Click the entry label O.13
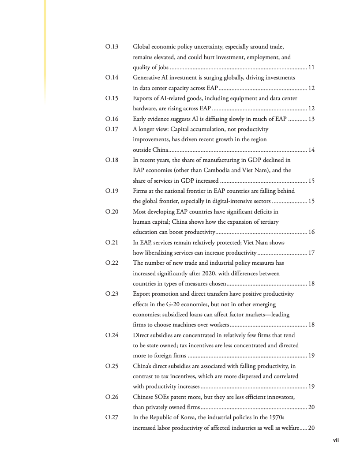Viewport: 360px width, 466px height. (x=112, y=46)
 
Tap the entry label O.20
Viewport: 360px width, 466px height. (x=112, y=211)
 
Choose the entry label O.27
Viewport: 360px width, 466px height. (x=112, y=417)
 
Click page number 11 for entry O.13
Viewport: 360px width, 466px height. (x=311, y=68)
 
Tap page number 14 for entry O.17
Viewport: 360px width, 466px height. (x=311, y=150)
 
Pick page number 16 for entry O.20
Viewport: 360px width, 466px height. (x=311, y=232)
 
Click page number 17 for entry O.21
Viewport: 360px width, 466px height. (x=311, y=253)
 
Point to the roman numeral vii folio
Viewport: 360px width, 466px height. (x=335, y=440)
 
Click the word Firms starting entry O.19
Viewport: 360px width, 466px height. (x=141, y=191)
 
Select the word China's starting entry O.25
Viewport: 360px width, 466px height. (x=143, y=366)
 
